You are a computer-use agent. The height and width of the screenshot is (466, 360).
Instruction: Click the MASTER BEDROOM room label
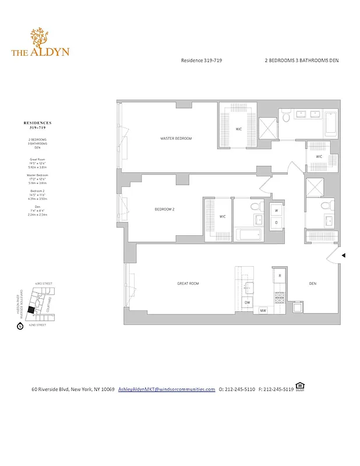pos(176,139)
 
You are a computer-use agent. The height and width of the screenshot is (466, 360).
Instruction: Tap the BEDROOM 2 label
pos(164,209)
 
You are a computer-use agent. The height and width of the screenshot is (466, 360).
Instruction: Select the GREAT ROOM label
pos(188,284)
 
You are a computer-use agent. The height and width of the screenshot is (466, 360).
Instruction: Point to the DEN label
pos(312,284)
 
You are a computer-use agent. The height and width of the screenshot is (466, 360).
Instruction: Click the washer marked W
pos(276,211)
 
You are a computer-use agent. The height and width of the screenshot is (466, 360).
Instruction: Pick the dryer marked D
pos(276,222)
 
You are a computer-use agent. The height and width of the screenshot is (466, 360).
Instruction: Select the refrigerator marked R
pos(280,275)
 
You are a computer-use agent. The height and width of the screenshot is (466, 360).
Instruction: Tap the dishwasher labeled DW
pos(247,303)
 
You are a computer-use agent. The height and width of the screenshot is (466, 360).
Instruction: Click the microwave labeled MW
pos(263,310)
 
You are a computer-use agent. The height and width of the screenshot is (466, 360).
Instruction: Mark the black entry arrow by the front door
pos(344,255)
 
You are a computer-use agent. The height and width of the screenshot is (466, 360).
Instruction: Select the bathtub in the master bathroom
pos(330,124)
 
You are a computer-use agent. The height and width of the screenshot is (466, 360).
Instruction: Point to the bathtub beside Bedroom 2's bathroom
pos(248,236)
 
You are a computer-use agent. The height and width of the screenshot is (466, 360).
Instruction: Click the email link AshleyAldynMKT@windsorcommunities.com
pos(167,389)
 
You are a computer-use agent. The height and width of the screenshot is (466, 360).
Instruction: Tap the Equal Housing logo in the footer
pos(300,386)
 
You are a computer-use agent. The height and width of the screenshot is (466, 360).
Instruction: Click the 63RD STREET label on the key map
pos(44,284)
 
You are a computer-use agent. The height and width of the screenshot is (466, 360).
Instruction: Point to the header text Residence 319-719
pos(202,61)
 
